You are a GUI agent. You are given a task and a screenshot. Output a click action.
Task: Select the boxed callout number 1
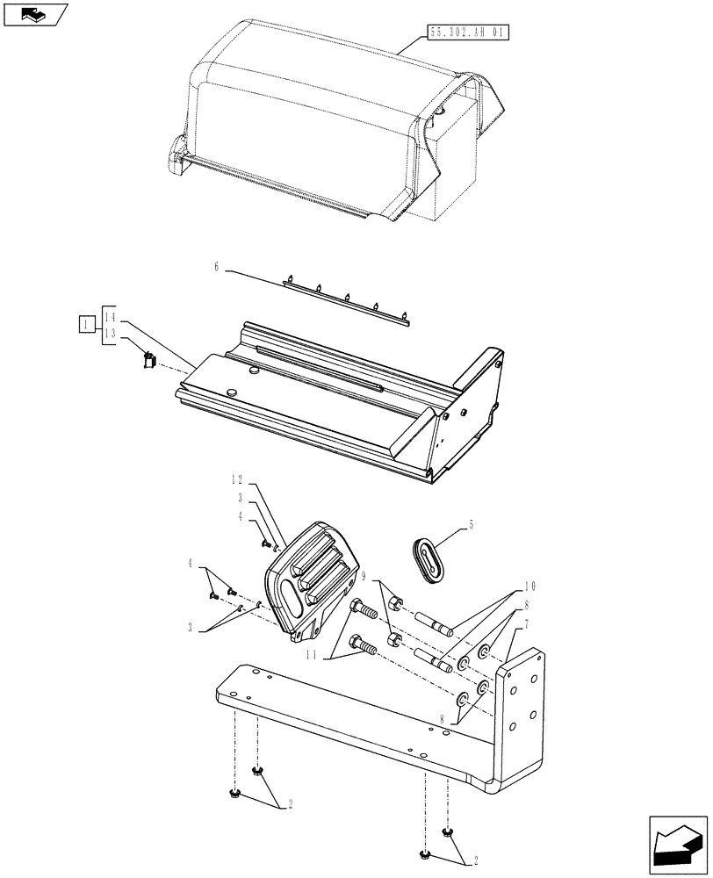[x=84, y=326]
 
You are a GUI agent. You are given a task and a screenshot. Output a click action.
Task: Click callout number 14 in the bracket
[x=110, y=315]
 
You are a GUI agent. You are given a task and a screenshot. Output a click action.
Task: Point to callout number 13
[x=110, y=334]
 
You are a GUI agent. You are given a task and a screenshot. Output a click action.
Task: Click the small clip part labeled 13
[x=148, y=359]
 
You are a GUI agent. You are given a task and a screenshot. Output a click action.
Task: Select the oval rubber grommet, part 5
[x=429, y=559]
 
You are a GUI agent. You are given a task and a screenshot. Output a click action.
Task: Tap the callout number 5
[x=471, y=525]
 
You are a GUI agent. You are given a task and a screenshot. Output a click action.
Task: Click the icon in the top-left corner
[x=34, y=14]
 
